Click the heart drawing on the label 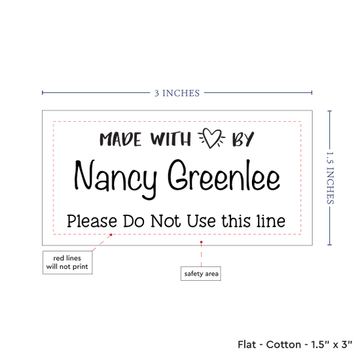(211, 137)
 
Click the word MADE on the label (120, 139)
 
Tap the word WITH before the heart (171, 139)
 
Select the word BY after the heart (243, 139)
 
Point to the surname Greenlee (224, 175)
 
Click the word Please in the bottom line (92, 221)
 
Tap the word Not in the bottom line (166, 221)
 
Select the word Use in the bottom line (201, 221)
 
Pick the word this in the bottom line (236, 221)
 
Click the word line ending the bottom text (271, 221)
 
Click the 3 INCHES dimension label (177, 93)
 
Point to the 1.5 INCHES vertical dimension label (330, 178)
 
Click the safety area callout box (201, 274)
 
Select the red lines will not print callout (67, 262)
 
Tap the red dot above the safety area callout (202, 242)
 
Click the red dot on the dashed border (111, 234)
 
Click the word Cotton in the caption (283, 344)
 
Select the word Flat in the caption (247, 344)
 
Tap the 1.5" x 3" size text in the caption (332, 344)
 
